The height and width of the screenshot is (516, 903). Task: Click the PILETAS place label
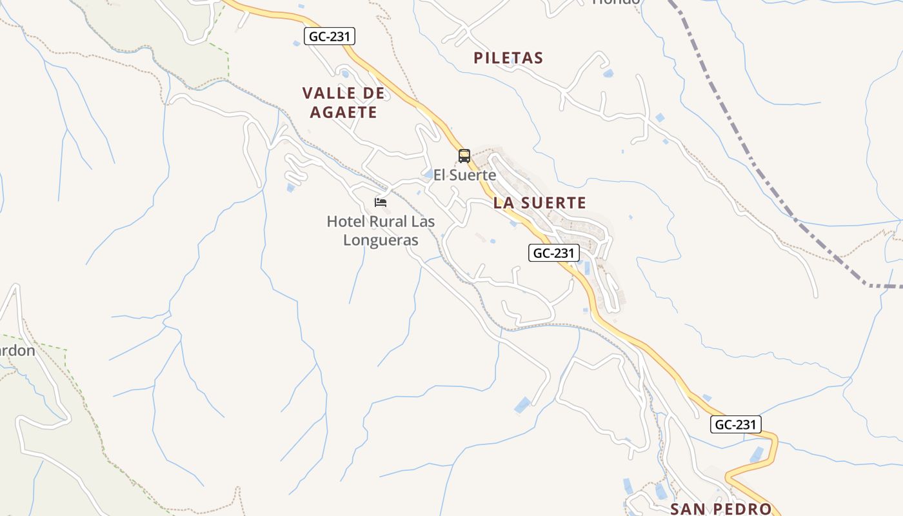[508, 58]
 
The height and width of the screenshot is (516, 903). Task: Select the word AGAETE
[343, 112]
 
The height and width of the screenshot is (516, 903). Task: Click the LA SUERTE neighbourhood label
[540, 203]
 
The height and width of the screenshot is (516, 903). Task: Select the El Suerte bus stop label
[464, 175]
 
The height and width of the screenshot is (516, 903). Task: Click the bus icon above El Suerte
[464, 155]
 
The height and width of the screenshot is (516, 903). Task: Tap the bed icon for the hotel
[381, 202]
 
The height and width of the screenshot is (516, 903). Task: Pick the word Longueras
[381, 241]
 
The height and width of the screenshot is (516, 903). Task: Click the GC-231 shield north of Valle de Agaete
[330, 36]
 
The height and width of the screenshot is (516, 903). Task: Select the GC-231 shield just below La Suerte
[553, 253]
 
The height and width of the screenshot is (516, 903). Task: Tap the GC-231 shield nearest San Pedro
[737, 424]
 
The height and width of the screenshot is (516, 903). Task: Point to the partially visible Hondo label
[616, 2]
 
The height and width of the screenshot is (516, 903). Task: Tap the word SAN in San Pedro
[690, 509]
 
